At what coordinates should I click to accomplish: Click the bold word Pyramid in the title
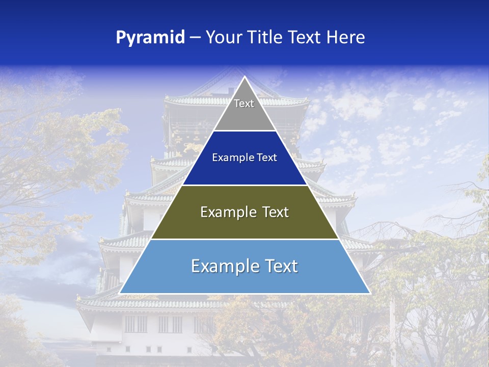click(x=150, y=38)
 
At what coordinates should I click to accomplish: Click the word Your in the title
click(x=224, y=38)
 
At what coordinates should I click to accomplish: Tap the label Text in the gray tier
click(x=244, y=103)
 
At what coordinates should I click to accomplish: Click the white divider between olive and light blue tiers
click(x=244, y=239)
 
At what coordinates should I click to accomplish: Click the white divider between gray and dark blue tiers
click(x=244, y=131)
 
